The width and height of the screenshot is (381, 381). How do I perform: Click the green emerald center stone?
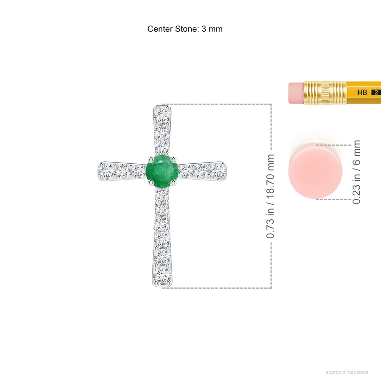point(162,171)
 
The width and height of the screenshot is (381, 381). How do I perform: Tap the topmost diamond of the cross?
point(162,115)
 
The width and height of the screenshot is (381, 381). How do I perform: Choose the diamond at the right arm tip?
point(218,171)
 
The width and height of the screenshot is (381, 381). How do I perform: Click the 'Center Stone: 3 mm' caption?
point(185,29)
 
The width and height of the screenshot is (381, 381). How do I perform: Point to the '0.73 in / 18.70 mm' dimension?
point(270,196)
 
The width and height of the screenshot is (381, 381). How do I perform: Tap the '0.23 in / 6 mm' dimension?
point(356,172)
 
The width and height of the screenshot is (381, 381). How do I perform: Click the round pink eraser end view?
point(315,171)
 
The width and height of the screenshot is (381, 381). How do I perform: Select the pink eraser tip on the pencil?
point(296,93)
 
